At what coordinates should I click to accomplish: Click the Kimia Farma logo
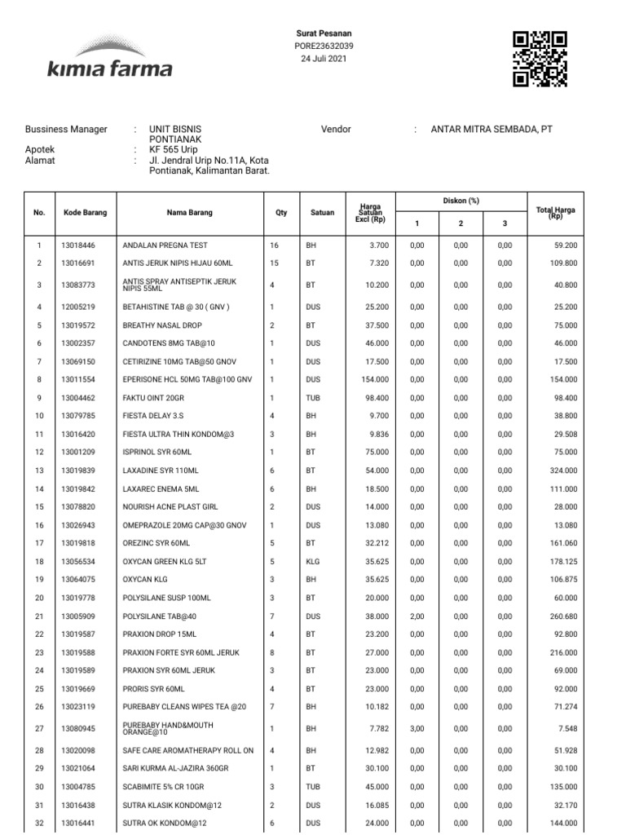coord(109,57)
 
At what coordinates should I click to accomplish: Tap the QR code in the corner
coord(540,58)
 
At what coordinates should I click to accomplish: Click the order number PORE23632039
coord(324,46)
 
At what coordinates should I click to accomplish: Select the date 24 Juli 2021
coord(324,60)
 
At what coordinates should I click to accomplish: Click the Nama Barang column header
coord(189,213)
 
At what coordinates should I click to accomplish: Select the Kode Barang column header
coord(85,213)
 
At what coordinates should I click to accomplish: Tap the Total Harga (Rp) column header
coord(556,213)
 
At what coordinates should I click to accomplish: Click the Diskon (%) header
coord(461,201)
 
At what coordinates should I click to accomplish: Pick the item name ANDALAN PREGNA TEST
coord(165,245)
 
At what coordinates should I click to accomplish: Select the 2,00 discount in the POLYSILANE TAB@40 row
coord(417,616)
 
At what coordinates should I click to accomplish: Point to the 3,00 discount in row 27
coord(417,727)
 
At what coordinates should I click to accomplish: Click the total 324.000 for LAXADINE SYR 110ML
coord(563,471)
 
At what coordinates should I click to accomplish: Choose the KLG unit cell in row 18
coord(313,561)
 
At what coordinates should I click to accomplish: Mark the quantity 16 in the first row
coord(274,245)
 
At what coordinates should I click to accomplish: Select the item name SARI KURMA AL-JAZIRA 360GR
coord(174,768)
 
